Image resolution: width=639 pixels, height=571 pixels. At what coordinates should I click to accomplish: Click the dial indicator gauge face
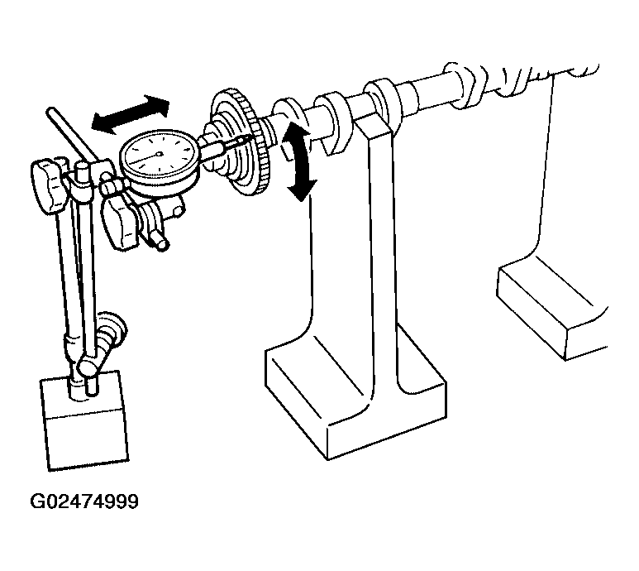tap(159, 154)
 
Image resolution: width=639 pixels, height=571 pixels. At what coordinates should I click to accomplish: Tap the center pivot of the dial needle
tap(159, 154)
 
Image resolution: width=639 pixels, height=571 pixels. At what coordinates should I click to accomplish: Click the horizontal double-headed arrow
tap(130, 114)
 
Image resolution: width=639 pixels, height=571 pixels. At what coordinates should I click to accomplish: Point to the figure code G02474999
tap(84, 501)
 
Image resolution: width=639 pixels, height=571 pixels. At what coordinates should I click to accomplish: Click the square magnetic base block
tap(85, 421)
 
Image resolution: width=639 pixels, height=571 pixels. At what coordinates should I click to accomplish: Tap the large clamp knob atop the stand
tap(48, 186)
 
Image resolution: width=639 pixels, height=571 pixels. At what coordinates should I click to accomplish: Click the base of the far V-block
tap(552, 312)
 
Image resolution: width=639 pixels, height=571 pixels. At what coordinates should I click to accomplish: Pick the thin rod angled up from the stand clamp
tap(71, 134)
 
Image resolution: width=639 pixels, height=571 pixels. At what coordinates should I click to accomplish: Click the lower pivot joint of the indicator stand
tap(88, 364)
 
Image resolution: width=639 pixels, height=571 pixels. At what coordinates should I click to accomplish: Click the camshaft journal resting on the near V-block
tap(377, 101)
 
